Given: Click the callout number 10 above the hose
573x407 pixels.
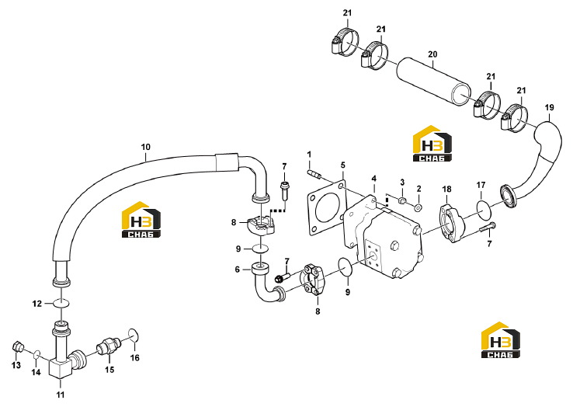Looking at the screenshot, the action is coord(145,147).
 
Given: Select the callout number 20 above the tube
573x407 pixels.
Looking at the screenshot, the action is coord(432,54).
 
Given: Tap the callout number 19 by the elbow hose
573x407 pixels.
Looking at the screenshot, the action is coord(549,107).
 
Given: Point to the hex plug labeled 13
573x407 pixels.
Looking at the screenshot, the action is coord(18,346).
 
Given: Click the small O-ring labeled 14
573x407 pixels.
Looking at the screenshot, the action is coord(36,354).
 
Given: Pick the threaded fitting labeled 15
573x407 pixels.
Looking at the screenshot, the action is coord(108,346).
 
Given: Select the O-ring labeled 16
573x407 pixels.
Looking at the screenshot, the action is coord(134,336).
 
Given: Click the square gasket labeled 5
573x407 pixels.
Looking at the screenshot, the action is coord(326,208).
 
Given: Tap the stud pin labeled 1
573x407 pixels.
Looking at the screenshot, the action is coord(314,174).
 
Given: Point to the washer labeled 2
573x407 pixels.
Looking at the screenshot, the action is coord(418,207).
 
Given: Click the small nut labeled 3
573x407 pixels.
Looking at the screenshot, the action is coord(402,200).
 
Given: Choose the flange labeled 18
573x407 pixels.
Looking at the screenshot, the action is coord(451,224).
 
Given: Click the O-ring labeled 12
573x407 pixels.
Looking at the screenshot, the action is coord(61,304).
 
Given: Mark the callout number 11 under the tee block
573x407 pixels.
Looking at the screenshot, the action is coord(61,395).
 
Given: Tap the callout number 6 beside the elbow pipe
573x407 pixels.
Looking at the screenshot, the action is coord(237,270).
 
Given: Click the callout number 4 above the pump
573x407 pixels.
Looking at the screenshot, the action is coord(373,179).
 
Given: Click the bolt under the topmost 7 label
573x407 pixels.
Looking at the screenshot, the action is coord(284,190).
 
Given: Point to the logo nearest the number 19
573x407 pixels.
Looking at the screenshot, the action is coord(432,144).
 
